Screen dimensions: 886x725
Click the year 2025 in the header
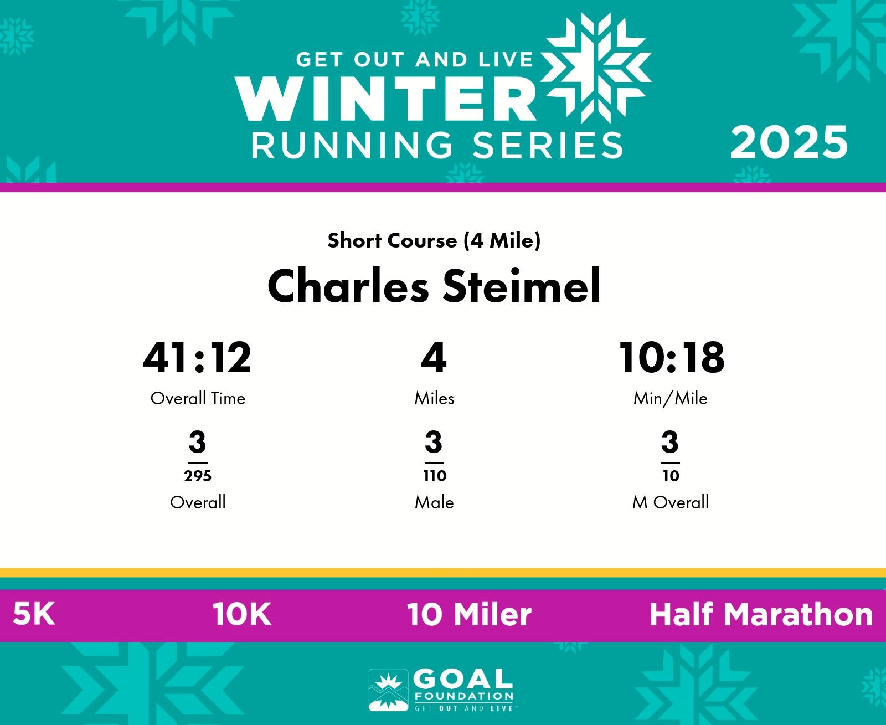(789, 143)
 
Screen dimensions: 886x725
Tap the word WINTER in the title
(385, 99)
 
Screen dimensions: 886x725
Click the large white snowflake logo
(596, 68)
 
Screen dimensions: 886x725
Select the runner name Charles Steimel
(434, 286)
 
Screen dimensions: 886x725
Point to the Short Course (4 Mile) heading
(434, 240)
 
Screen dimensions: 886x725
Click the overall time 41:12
(197, 358)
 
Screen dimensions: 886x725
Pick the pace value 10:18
(671, 358)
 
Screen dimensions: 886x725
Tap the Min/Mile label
(671, 398)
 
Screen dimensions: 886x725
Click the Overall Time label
(198, 398)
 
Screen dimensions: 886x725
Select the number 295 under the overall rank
(198, 476)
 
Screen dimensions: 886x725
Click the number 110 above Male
(434, 476)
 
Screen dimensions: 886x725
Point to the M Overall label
(671, 502)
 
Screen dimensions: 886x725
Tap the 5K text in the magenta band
(34, 614)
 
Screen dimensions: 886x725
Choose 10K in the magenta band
(241, 614)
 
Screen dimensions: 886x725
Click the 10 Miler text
(469, 614)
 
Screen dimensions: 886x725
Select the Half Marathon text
(761, 614)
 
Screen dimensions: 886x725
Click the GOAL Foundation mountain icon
(388, 690)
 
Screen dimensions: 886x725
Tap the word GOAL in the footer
(463, 680)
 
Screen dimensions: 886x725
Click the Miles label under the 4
(434, 398)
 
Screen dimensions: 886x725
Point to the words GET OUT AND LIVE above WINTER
(414, 60)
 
